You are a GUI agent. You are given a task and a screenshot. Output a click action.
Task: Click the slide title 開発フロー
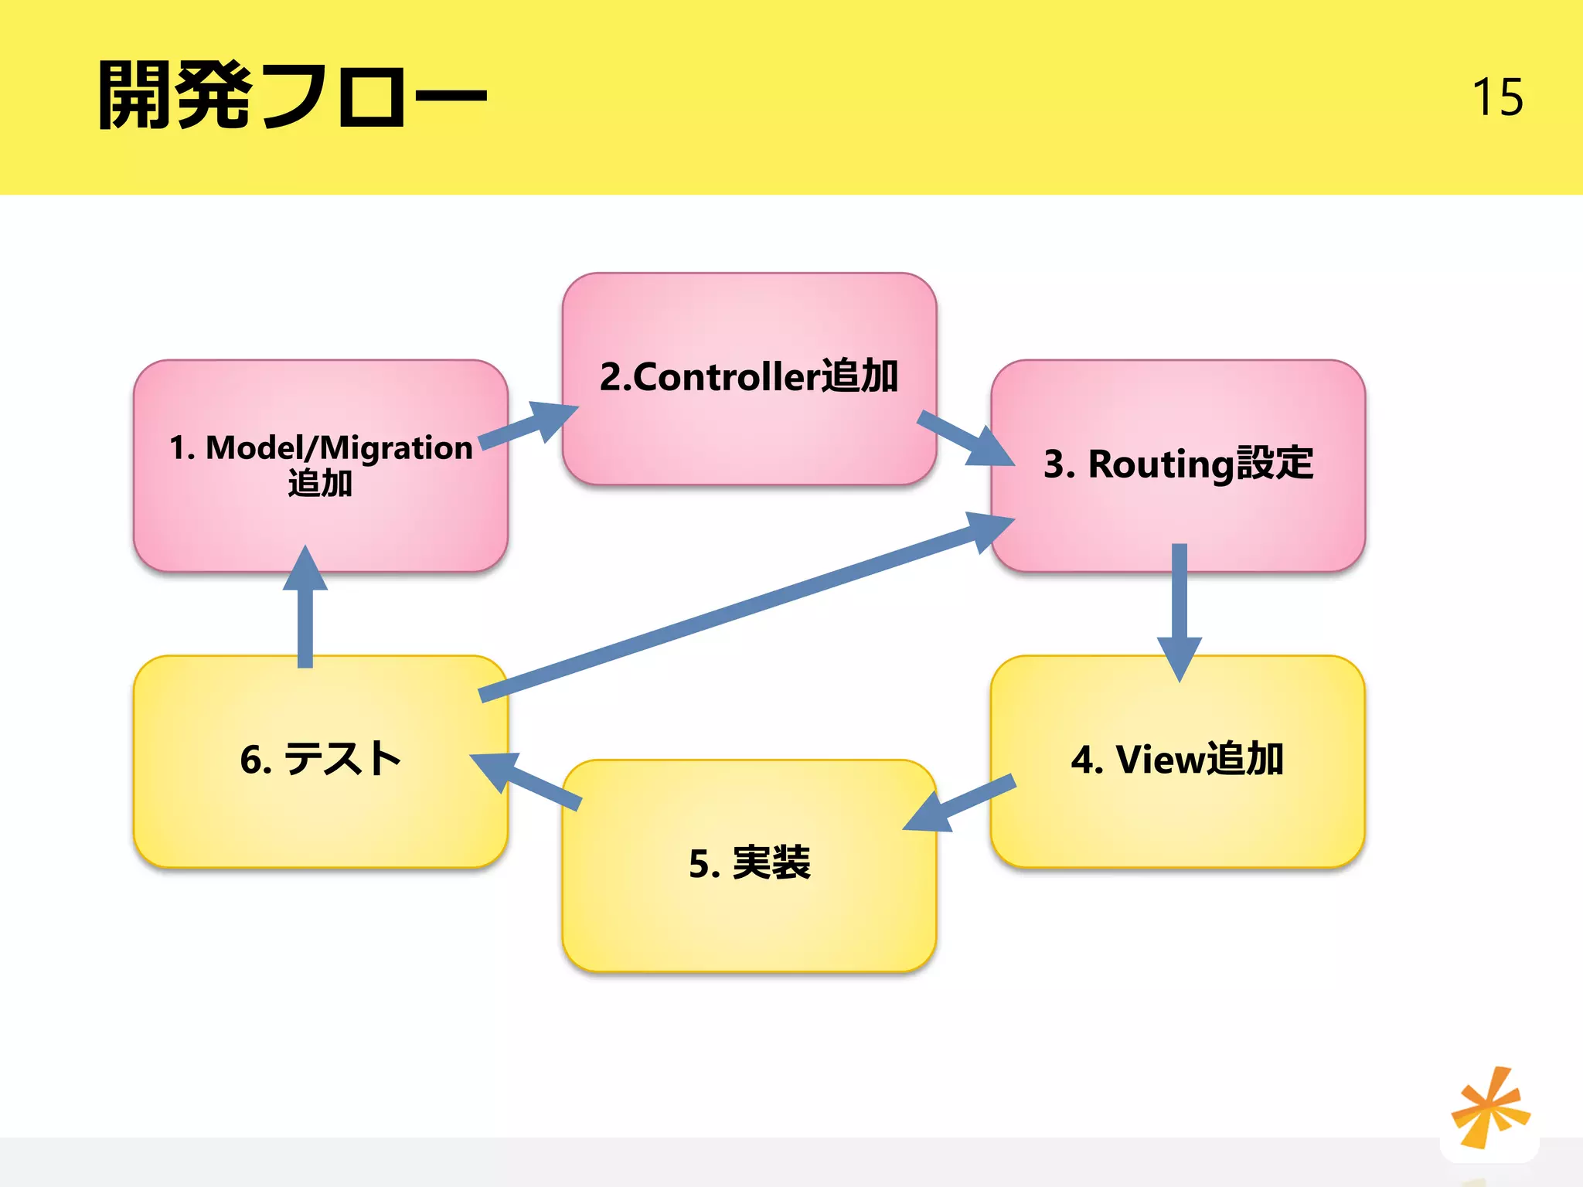click(292, 96)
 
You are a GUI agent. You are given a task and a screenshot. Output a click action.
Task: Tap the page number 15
click(1497, 97)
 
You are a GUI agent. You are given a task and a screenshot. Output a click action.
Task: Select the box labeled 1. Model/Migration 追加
click(320, 525)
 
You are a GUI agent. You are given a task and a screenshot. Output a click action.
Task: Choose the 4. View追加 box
click(1177, 819)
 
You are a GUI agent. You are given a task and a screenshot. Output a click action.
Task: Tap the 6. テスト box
click(320, 819)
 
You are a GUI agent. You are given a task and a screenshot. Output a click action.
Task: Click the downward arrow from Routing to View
click(1179, 611)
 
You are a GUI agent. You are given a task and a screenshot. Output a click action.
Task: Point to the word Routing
click(1161, 464)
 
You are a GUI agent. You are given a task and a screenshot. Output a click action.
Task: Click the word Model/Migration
click(339, 448)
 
